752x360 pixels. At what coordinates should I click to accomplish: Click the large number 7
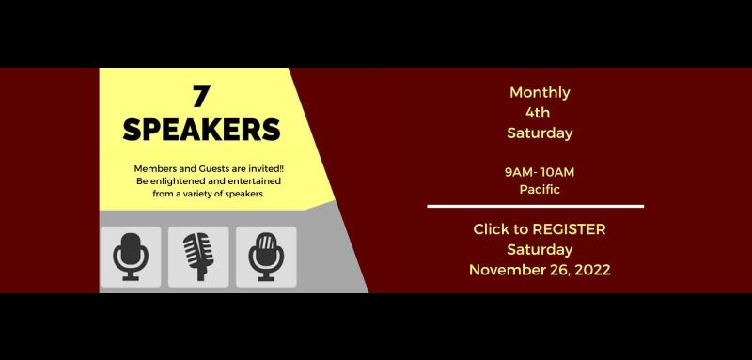pos(200,95)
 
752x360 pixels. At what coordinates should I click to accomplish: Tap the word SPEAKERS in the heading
pos(201,129)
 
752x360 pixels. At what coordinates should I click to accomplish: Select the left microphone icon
pos(131,257)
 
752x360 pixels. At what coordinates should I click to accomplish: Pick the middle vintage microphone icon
pos(198,257)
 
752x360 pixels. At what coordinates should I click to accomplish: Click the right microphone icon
pos(266,257)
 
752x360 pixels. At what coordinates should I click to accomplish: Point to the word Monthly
pos(540,92)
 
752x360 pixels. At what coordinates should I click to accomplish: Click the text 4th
pos(539,113)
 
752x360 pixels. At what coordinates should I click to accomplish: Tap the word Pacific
pos(540,189)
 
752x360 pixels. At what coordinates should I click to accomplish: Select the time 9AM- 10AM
pos(540,172)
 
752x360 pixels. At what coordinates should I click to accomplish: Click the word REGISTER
pos(569,228)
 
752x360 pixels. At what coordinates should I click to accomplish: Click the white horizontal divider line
pos(535,206)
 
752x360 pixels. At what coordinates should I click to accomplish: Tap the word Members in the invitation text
pos(156,168)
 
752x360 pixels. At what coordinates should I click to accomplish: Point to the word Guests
pos(212,168)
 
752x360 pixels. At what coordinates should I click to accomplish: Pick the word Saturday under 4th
pos(540,133)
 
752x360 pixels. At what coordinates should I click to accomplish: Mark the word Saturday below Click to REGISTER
pos(540,249)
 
